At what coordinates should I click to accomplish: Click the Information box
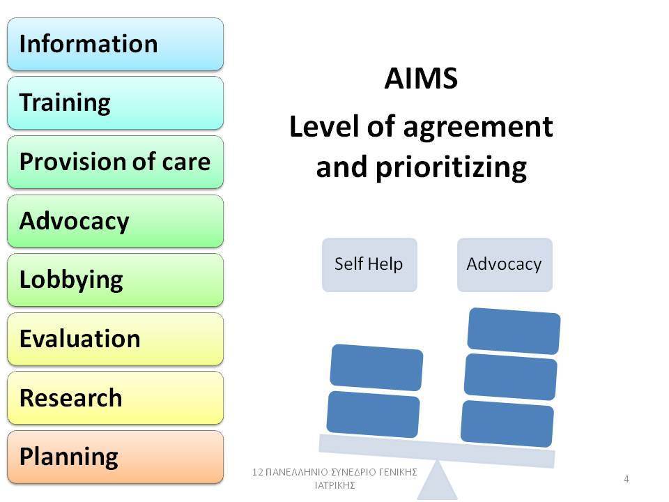coord(115,44)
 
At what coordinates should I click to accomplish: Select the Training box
coord(115,103)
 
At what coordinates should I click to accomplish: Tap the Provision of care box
coord(115,162)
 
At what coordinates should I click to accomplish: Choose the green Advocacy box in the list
coord(115,221)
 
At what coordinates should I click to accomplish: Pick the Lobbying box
coord(115,280)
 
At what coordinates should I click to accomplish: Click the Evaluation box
coord(115,339)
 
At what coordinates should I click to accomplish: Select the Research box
coord(115,398)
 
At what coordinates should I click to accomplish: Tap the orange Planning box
coord(115,457)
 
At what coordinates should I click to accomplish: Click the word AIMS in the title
coord(421,79)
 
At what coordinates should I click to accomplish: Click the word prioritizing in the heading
coord(452,168)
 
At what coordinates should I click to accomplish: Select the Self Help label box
coord(369,265)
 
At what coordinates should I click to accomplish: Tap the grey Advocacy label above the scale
coord(505,265)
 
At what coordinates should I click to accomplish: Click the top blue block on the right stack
coord(514,330)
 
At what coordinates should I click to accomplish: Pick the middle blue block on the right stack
coord(511,377)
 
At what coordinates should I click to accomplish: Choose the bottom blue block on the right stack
coord(507,423)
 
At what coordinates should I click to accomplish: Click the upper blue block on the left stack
coord(377,367)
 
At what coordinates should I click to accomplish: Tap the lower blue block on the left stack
coord(374,414)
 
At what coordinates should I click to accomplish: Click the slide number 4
coord(626,479)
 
